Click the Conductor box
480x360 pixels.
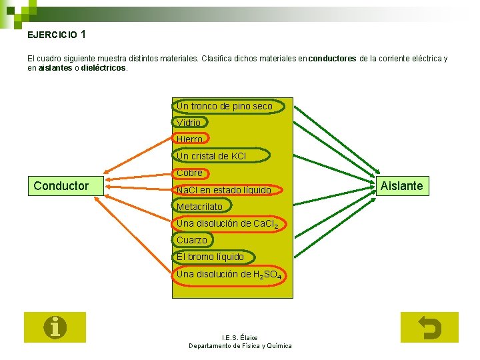[61, 186]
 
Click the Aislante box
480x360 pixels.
[401, 186]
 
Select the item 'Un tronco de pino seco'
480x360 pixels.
[224, 106]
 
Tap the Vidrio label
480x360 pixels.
[189, 123]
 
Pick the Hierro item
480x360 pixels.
[190, 139]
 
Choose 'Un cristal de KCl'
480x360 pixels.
[211, 156]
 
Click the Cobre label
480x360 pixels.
[190, 173]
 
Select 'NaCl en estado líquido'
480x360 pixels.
[223, 190]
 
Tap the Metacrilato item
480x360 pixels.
[200, 207]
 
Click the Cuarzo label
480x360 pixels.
[192, 240]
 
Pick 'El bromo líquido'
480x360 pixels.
[210, 257]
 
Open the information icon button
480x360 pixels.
[55, 327]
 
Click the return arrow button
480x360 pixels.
[429, 327]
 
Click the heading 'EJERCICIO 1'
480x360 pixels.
[57, 34]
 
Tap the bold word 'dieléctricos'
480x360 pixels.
[103, 68]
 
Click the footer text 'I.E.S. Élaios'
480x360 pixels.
[240, 337]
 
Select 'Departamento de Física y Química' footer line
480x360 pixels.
[240, 345]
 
